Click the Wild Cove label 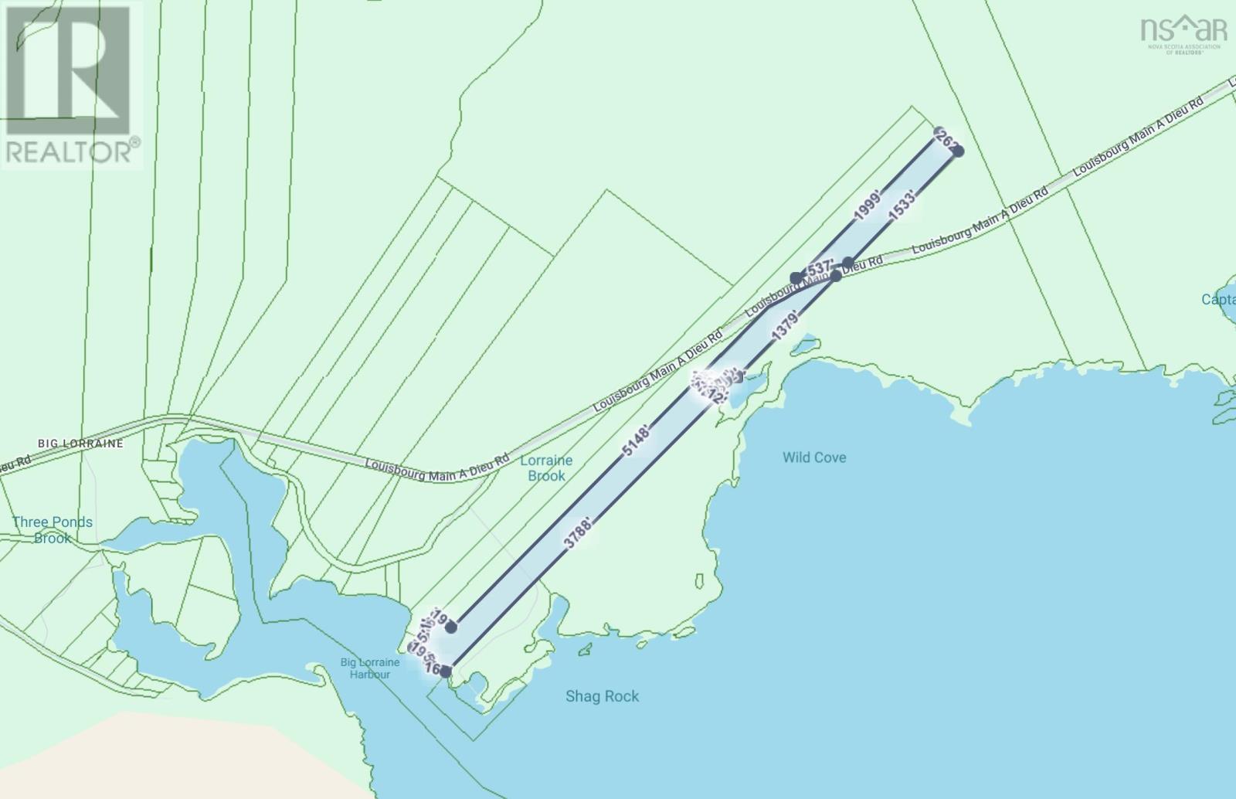[813, 457]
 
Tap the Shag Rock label [602, 696]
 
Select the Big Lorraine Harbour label [370, 668]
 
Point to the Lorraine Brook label [546, 468]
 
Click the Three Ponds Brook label [53, 530]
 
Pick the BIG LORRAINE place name [80, 444]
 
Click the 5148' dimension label [637, 439]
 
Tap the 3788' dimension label [579, 533]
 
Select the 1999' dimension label [868, 207]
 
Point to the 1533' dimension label [902, 207]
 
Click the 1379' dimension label [785, 326]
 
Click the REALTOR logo [71, 83]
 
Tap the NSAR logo [1183, 34]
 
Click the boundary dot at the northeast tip [958, 151]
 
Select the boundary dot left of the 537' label [796, 278]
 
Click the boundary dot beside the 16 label [446, 671]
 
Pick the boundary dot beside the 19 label [451, 627]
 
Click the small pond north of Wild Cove [803, 344]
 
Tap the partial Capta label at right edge [1218, 299]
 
